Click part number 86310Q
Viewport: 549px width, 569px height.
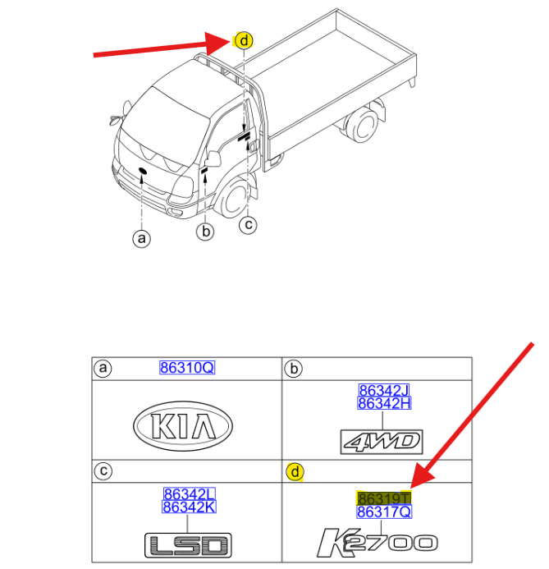coord(186,369)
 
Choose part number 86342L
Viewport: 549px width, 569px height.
coord(189,494)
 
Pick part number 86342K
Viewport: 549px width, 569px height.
coord(189,507)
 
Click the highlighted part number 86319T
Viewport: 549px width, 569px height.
coord(384,498)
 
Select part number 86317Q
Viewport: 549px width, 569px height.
coord(384,512)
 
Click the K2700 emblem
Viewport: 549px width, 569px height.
coord(377,542)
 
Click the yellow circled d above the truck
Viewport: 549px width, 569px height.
coord(244,40)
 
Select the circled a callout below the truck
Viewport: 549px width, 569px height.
coord(142,239)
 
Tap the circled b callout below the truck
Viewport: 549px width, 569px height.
coord(205,233)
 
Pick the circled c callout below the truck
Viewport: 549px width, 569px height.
coord(248,224)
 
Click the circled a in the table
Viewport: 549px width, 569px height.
coord(102,369)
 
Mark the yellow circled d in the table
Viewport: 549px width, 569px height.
coord(293,472)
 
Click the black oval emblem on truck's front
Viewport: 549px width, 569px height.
coord(142,172)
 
